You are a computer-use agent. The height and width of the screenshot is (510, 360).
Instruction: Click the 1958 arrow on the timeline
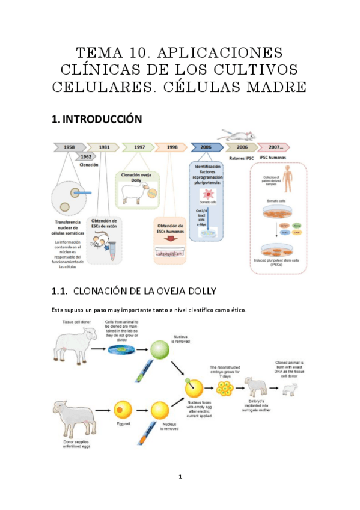(67, 146)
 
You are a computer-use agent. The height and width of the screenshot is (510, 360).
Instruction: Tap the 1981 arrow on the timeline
(102, 146)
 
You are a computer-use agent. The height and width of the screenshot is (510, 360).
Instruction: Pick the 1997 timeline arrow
(138, 146)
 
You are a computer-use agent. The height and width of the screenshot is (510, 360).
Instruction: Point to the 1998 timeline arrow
(171, 146)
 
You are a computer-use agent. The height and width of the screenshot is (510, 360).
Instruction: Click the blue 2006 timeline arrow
(207, 146)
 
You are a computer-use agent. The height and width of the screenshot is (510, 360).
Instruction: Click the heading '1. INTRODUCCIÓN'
(97, 119)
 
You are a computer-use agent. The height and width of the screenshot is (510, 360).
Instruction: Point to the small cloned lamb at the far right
(290, 389)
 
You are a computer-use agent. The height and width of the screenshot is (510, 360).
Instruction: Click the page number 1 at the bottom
(180, 477)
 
